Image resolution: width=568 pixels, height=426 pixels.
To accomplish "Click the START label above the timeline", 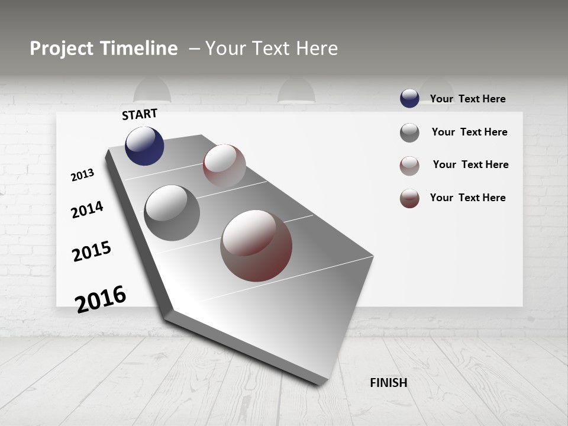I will pyautogui.click(x=140, y=114).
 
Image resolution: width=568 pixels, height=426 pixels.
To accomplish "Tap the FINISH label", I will pyautogui.click(x=389, y=383).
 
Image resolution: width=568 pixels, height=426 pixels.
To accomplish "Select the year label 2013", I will pyautogui.click(x=82, y=175).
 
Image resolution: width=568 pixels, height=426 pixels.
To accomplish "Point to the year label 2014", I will pyautogui.click(x=87, y=209).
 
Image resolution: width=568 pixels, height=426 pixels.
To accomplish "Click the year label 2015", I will pyautogui.click(x=92, y=251).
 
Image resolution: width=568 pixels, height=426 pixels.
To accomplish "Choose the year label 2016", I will pyautogui.click(x=101, y=299).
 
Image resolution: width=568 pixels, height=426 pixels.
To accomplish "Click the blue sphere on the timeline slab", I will pyautogui.click(x=144, y=146).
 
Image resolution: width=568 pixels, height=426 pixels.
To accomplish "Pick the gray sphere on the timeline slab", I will pyautogui.click(x=172, y=213).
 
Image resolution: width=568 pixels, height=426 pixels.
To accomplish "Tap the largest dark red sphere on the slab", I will pyautogui.click(x=256, y=246).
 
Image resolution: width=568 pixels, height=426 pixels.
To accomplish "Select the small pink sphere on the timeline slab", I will pyautogui.click(x=224, y=165).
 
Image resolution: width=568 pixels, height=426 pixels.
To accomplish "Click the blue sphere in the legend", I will pyautogui.click(x=409, y=98).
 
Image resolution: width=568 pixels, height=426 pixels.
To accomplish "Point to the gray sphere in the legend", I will pyautogui.click(x=409, y=133).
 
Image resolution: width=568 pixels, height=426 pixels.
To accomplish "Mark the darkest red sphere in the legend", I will pyautogui.click(x=409, y=198).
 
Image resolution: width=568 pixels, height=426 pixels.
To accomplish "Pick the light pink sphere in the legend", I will pyautogui.click(x=409, y=166).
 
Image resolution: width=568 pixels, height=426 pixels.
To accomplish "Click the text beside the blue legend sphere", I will pyautogui.click(x=468, y=99).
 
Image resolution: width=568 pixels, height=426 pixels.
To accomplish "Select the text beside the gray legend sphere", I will pyautogui.click(x=470, y=132).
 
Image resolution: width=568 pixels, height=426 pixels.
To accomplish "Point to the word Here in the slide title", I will pyautogui.click(x=317, y=49).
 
